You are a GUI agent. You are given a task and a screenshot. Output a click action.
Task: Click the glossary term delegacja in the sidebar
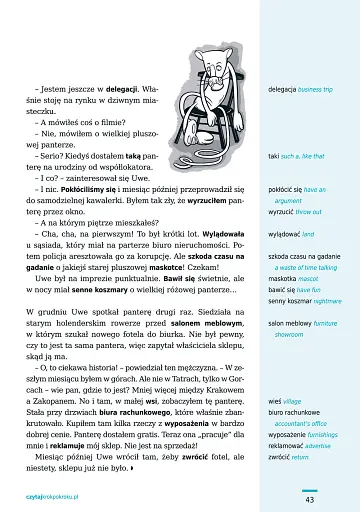[x=285, y=89]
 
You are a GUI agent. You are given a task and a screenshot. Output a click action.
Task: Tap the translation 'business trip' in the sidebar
[x=325, y=89]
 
